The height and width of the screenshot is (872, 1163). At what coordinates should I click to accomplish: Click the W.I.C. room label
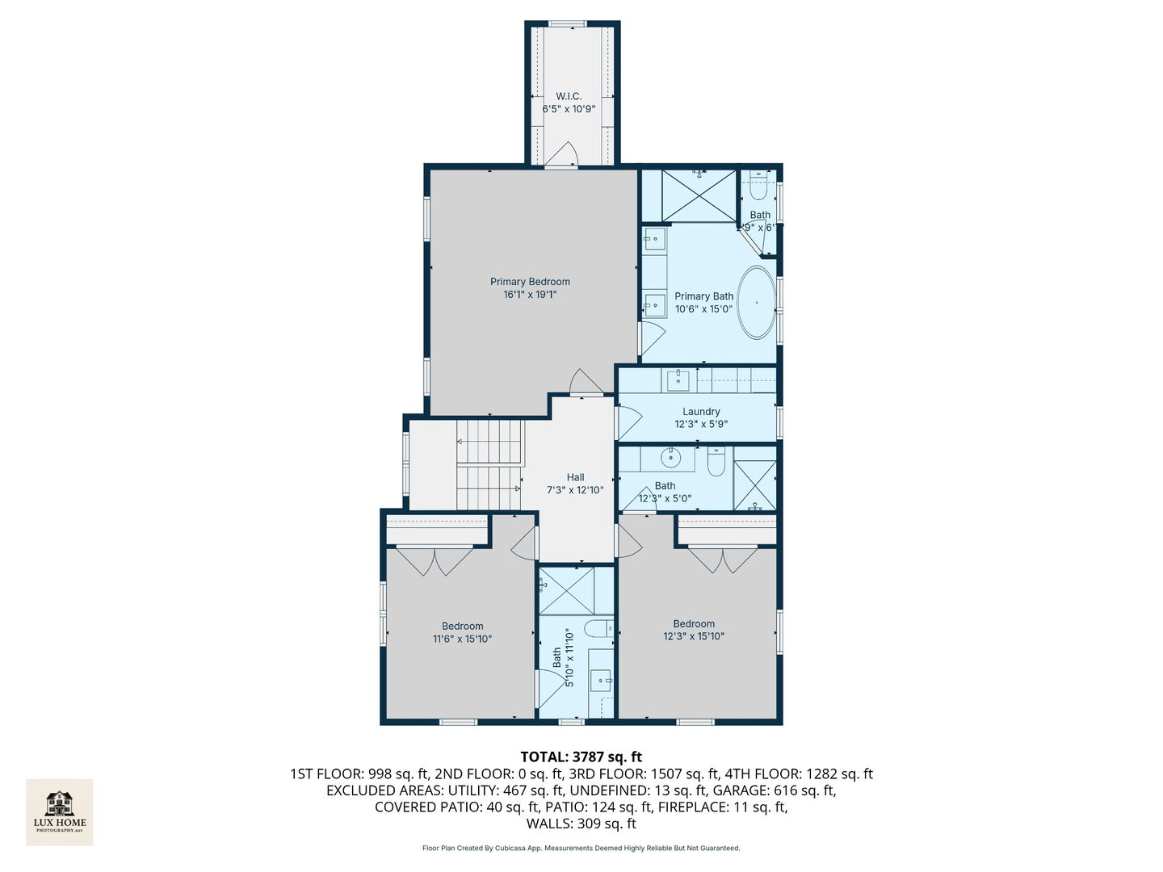click(x=569, y=96)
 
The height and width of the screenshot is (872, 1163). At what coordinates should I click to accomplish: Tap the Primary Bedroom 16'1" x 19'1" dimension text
click(x=530, y=295)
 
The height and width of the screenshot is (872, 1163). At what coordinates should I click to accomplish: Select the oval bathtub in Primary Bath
click(x=757, y=302)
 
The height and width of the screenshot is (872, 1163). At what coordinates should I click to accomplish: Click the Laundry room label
click(x=701, y=412)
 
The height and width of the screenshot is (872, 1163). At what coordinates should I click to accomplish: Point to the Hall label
click(x=575, y=477)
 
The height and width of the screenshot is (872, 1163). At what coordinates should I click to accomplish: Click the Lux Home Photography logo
click(x=59, y=811)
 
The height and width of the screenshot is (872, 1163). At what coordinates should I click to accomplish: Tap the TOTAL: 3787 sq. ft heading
click(x=581, y=757)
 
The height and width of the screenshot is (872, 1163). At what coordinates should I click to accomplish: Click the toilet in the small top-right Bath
click(x=758, y=186)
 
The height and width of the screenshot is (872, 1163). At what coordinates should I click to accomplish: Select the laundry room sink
click(x=678, y=379)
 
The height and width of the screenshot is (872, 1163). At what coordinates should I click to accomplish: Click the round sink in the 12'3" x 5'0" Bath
click(x=671, y=458)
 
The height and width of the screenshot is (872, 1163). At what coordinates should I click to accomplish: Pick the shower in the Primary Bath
click(x=699, y=195)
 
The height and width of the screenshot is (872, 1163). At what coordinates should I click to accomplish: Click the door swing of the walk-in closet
click(x=561, y=153)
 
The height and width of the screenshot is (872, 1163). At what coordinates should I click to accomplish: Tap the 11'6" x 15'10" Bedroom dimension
click(x=462, y=639)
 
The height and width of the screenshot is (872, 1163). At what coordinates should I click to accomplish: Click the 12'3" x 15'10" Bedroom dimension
click(x=694, y=636)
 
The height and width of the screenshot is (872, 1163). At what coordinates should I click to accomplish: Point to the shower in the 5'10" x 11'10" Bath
click(x=566, y=590)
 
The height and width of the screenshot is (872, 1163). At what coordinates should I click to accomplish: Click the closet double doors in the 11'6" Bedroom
click(x=435, y=561)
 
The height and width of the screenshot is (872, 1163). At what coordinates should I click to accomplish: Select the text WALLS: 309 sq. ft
click(x=581, y=824)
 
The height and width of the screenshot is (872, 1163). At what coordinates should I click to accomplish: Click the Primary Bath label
click(x=703, y=296)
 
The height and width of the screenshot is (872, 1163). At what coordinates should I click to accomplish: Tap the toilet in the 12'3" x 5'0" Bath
click(x=716, y=462)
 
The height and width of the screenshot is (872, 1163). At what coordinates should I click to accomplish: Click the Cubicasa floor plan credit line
click(x=581, y=848)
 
